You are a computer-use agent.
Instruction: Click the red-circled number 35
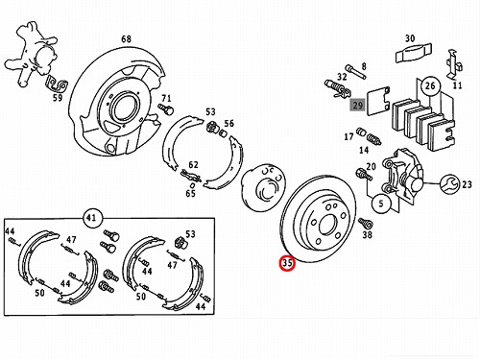(287, 263)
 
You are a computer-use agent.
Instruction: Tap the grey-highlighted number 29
(357, 105)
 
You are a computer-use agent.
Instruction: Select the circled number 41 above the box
(91, 218)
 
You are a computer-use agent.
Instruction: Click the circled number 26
(430, 85)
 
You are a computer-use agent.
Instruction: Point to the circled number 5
(381, 204)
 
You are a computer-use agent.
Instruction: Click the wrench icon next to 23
(449, 184)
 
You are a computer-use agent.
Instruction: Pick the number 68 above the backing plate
(126, 38)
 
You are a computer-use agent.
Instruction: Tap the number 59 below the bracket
(58, 97)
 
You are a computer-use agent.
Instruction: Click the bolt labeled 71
(166, 109)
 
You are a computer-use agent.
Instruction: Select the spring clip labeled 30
(414, 54)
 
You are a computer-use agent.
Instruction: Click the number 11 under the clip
(457, 85)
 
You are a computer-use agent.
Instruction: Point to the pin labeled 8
(355, 72)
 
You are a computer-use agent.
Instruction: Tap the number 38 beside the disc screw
(367, 234)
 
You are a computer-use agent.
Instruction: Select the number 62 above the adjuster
(193, 164)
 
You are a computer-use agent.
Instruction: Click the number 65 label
(190, 193)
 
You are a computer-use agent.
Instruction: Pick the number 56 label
(229, 123)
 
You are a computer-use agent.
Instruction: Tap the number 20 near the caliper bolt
(372, 166)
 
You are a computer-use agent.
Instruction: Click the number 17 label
(348, 136)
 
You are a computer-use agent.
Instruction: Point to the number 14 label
(364, 150)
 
